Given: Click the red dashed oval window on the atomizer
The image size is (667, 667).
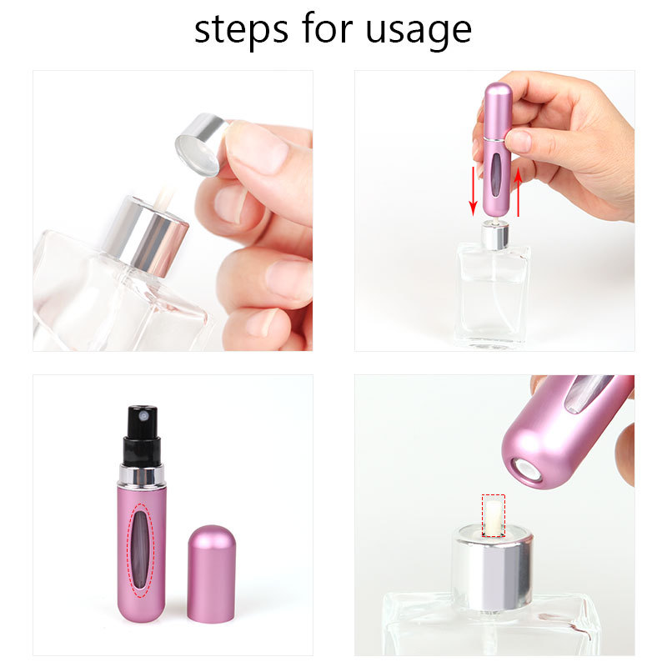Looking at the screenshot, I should point(143,549).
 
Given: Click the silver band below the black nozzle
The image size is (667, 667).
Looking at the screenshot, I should point(141,476).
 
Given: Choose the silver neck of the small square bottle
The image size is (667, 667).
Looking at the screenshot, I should point(494,235).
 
